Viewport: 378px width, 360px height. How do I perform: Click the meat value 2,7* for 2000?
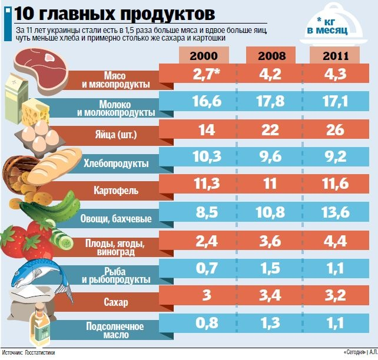click(204, 75)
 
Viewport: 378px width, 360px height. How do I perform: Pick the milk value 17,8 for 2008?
click(272, 103)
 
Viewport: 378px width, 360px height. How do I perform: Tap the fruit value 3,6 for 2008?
click(272, 240)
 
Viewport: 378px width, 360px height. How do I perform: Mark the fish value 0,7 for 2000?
click(204, 268)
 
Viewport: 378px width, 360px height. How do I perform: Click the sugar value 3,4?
click(272, 295)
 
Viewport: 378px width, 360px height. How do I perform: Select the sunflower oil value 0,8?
click(204, 322)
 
